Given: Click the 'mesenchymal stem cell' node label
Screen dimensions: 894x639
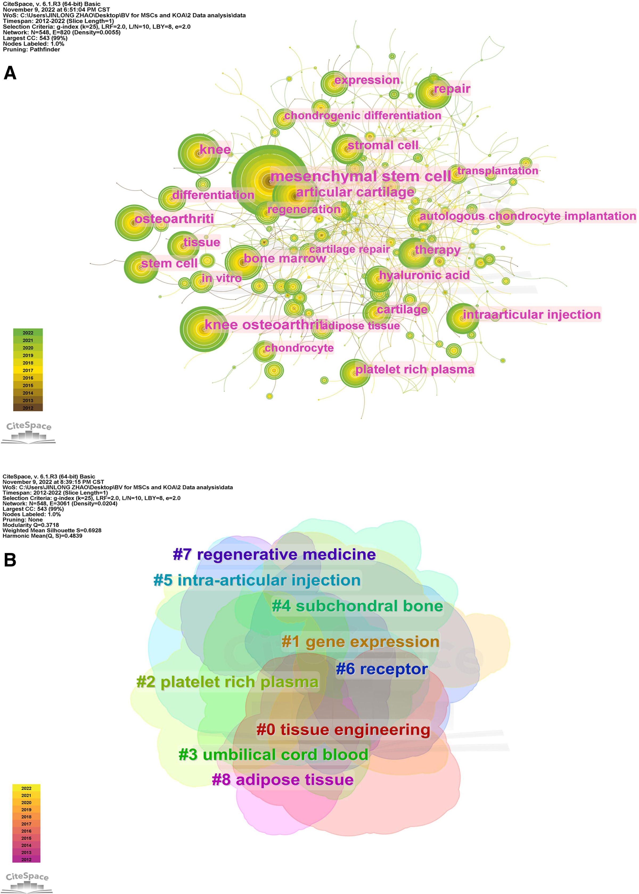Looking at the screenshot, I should click(361, 176).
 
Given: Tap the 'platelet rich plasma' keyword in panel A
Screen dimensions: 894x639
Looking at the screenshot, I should click(415, 370).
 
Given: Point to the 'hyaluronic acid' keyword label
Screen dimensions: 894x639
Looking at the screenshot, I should click(424, 275).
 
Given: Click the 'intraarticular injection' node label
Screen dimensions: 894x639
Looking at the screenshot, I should click(532, 315).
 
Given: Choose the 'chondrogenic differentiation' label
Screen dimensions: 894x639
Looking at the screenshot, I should click(362, 115).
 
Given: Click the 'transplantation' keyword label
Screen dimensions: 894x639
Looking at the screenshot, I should click(497, 170).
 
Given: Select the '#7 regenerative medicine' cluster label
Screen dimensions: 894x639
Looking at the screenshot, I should click(274, 555).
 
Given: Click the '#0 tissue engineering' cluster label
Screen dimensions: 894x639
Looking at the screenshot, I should click(343, 729).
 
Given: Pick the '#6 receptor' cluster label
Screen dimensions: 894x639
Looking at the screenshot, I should click(382, 669).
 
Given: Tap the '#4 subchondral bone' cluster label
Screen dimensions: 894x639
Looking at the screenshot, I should click(357, 606).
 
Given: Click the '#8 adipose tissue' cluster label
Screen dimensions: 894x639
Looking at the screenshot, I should click(282, 779).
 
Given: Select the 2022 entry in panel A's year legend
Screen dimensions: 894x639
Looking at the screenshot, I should click(28, 333).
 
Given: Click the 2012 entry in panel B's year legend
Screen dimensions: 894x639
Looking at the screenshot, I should click(26, 859).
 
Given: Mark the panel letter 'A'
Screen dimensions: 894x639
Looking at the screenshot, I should click(10, 73).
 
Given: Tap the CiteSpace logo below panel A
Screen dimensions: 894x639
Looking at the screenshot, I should click(28, 432).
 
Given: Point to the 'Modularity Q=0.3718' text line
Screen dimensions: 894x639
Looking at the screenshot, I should click(31, 525).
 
